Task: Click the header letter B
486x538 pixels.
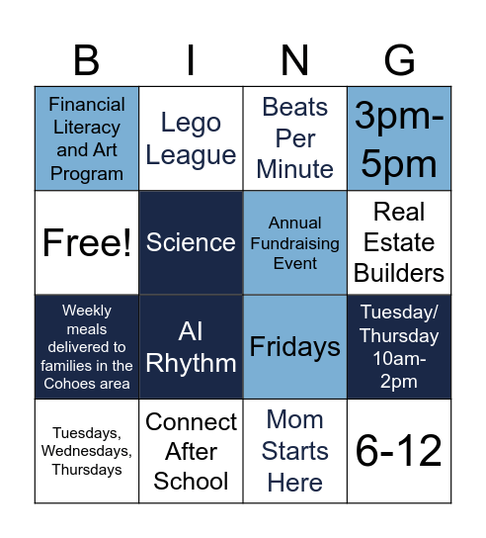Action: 87,61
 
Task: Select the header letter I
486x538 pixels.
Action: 191,61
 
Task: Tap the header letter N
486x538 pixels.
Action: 295,61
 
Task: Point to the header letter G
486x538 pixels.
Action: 399,61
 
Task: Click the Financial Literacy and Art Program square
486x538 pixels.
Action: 87,138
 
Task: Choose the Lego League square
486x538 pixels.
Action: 191,138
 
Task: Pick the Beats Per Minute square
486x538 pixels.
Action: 295,138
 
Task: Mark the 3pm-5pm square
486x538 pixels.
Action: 399,138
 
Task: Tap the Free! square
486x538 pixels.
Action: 87,243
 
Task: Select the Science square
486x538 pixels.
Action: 191,243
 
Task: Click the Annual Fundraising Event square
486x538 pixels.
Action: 295,243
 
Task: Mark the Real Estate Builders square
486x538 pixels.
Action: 399,243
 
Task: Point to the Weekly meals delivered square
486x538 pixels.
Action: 87,347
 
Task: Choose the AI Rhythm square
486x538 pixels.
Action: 191,347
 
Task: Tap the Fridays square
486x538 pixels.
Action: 295,347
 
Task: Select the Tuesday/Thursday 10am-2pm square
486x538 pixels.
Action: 399,347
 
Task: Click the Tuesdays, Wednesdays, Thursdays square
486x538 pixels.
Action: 87,451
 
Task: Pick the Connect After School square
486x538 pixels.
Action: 191,451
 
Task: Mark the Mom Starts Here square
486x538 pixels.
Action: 295,451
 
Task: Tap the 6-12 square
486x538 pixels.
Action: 399,451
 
